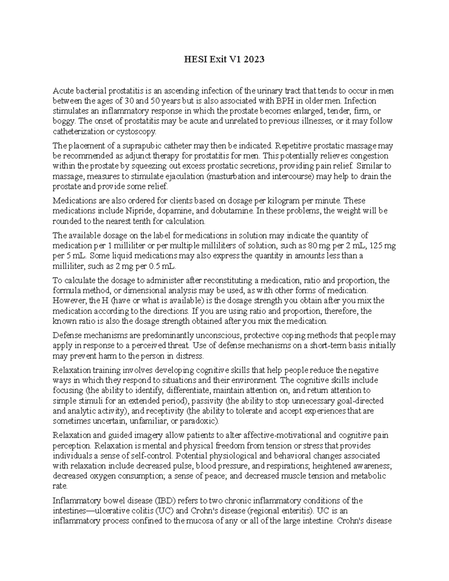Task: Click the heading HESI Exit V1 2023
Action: pyautogui.click(x=224, y=59)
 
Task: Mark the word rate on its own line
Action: pyautogui.click(x=60, y=486)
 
